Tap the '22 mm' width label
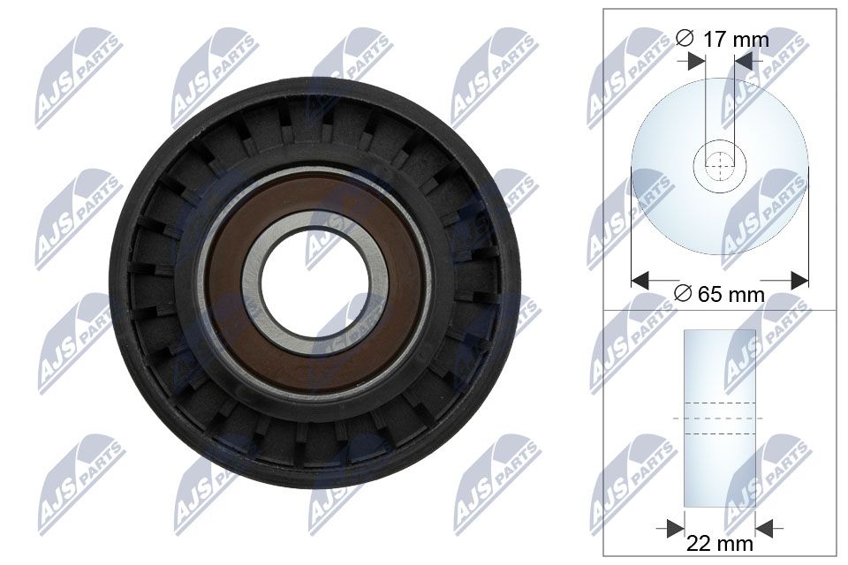pyautogui.click(x=720, y=544)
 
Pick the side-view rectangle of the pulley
pyautogui.click(x=720, y=418)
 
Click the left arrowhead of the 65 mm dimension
pyautogui.click(x=640, y=280)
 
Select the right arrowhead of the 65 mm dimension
pyautogui.click(x=800, y=280)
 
